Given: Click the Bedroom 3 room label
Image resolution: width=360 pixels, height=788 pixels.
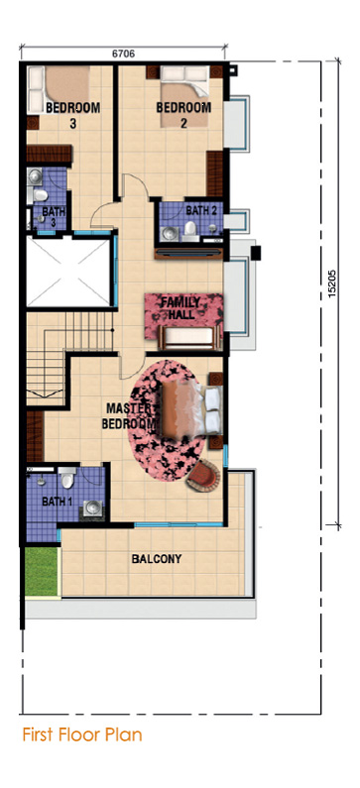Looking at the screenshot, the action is [x=73, y=115].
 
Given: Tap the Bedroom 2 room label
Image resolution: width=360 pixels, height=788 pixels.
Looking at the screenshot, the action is [x=183, y=115].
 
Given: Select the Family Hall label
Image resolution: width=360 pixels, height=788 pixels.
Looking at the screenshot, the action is [x=180, y=307].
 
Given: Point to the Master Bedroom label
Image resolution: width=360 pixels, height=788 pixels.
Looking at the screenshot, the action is [x=130, y=415].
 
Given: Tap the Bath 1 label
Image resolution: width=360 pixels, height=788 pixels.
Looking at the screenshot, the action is [x=54, y=501].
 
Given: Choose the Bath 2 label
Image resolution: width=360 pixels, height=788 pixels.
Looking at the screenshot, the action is [x=201, y=210].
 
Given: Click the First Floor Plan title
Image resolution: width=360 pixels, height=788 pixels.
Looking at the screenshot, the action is [x=82, y=734].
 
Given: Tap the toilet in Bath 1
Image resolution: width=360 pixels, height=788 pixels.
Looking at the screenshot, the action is [x=66, y=478].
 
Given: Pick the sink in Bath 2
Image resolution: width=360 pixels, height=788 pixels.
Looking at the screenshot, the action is [x=170, y=233].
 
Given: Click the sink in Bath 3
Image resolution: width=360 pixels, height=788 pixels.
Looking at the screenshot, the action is [x=35, y=176].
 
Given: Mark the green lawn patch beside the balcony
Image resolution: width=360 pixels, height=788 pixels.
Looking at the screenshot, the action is [x=42, y=571].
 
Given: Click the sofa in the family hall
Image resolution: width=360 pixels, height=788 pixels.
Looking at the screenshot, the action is [x=189, y=337].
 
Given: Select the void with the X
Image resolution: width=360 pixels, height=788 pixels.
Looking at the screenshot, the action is [x=68, y=272].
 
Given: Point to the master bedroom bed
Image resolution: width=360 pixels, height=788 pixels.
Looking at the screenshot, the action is [x=192, y=407].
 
